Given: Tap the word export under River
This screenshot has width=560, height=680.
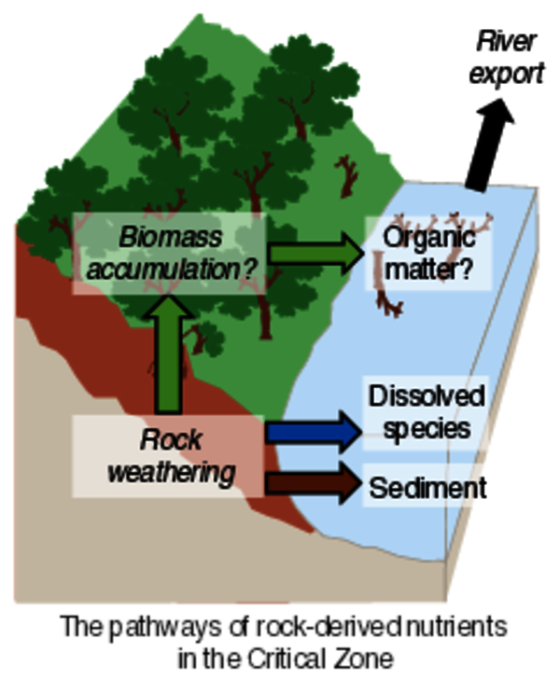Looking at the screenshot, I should (x=507, y=72).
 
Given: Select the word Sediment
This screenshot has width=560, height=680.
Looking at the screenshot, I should (x=428, y=487).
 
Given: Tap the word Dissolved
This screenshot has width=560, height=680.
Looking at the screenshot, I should (x=427, y=396).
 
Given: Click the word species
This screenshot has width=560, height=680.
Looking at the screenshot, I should (x=427, y=428).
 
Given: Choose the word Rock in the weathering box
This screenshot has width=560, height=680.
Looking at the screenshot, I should (x=172, y=439).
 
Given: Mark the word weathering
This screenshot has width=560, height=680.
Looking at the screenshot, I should (x=171, y=472).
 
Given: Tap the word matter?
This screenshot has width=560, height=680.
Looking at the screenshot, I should (x=428, y=271).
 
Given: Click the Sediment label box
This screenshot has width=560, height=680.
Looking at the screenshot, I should (x=427, y=487).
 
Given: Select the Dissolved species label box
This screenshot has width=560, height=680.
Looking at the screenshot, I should (x=427, y=411).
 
